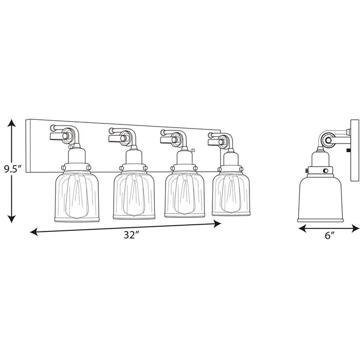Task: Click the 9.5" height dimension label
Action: click(x=12, y=169)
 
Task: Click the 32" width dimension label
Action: click(x=132, y=235)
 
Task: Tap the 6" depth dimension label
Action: click(x=329, y=236)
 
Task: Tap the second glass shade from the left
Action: click(x=134, y=194)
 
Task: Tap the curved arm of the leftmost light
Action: click(x=69, y=133)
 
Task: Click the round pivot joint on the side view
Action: click(x=329, y=140)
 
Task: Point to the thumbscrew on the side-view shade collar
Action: click(x=307, y=170)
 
